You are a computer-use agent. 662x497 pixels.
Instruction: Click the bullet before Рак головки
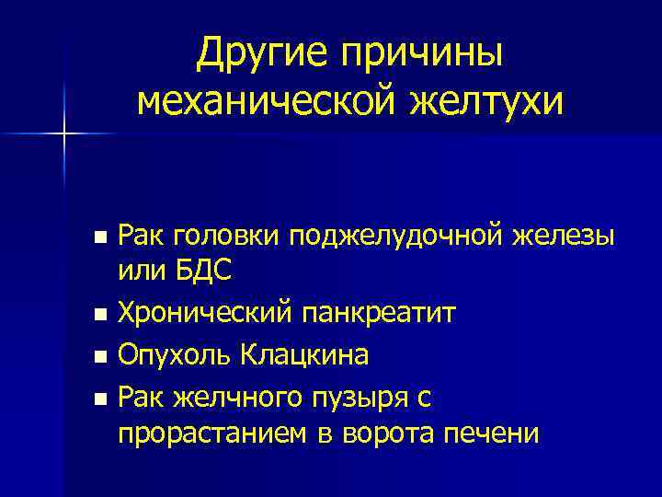(101, 238)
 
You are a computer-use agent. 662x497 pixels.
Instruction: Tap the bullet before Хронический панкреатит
(101, 317)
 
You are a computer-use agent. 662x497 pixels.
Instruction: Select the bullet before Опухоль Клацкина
(101, 356)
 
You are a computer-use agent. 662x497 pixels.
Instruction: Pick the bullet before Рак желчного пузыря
(101, 397)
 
